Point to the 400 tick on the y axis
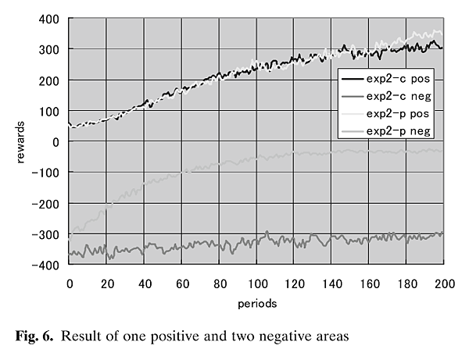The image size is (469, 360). click(x=50, y=18)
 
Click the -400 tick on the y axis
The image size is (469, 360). click(x=46, y=266)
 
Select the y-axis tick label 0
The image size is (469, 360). click(x=56, y=141)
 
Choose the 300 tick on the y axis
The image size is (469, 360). click(x=50, y=49)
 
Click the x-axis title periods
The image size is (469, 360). click(x=256, y=301)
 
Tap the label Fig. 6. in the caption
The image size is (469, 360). click(x=38, y=337)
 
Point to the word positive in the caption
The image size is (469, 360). click(x=188, y=337)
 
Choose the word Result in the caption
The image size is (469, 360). click(x=83, y=337)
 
